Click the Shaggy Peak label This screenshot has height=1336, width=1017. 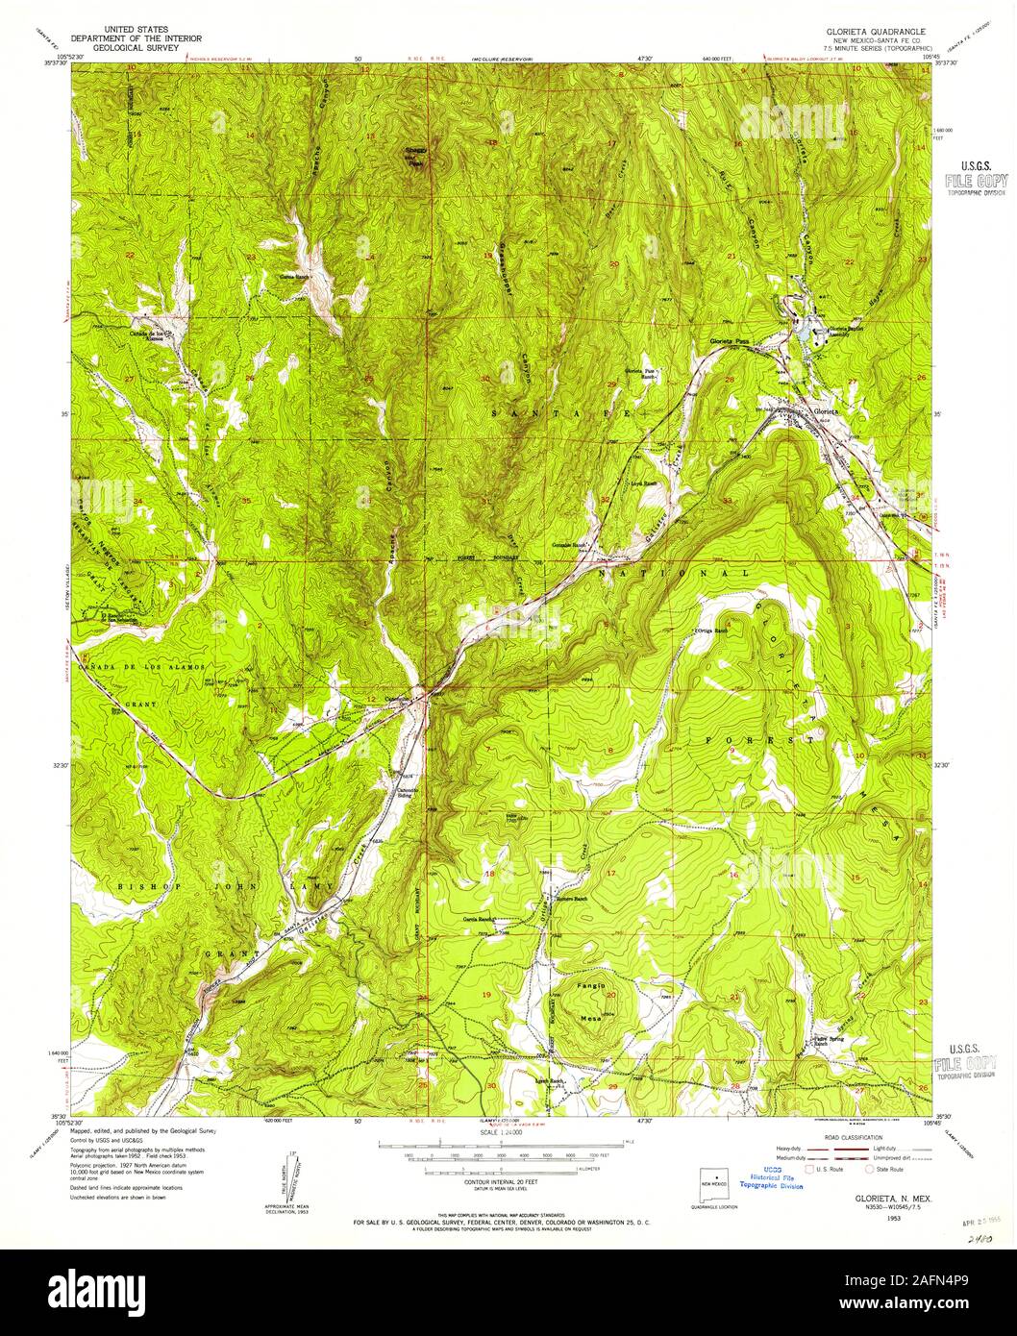414,157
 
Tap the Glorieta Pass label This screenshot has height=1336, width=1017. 730,341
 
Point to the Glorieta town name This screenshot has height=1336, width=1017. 826,411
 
